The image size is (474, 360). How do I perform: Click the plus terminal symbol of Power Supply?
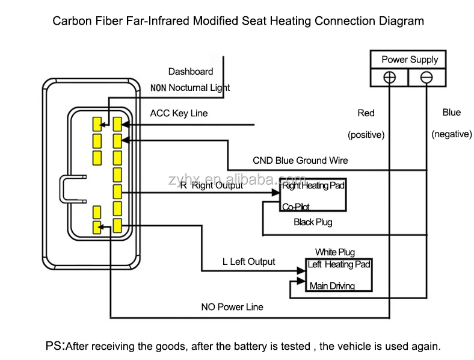pos(390,78)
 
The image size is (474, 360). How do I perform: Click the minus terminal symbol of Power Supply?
pos(426,78)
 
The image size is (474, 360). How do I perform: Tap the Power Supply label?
pos(410,60)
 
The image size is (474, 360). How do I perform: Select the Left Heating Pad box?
pos(339,275)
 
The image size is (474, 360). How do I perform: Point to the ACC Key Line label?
pos(179,113)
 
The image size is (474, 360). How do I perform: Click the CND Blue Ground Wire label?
pos(300,161)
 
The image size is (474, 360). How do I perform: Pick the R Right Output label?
pos(211,185)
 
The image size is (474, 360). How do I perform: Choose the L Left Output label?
pos(248,262)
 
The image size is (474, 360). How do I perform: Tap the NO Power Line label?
pos(232,307)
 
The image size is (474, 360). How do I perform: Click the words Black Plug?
pos(313,222)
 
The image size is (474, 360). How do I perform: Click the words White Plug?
pos(335,252)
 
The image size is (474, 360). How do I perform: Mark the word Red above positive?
pos(366,113)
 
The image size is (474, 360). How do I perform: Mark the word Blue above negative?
pos(451,113)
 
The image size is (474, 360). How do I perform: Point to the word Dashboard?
pos(191,72)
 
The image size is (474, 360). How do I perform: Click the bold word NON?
pos(158,88)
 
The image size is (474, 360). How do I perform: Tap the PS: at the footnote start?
pos(55,346)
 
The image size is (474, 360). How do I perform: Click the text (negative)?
pos(451,134)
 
